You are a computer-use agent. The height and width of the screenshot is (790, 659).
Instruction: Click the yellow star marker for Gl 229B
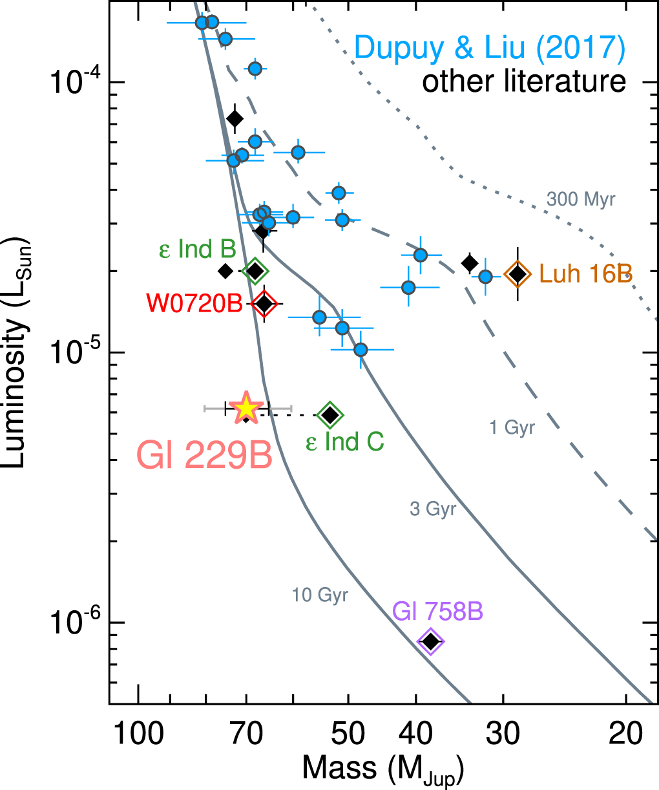(246, 408)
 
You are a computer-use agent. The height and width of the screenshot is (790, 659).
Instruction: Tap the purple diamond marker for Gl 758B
(431, 641)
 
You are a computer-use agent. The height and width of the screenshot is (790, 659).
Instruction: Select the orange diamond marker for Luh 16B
(518, 273)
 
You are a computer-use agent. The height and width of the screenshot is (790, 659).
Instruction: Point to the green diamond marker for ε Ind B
(255, 271)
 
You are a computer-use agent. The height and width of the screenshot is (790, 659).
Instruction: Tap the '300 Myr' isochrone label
(581, 199)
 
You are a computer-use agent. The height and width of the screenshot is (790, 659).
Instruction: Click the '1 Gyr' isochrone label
(512, 427)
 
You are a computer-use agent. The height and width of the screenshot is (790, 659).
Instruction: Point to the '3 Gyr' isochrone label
(433, 509)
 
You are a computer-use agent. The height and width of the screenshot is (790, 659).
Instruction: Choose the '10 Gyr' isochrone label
(320, 595)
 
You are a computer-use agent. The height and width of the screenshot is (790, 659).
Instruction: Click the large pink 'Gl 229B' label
(204, 455)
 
